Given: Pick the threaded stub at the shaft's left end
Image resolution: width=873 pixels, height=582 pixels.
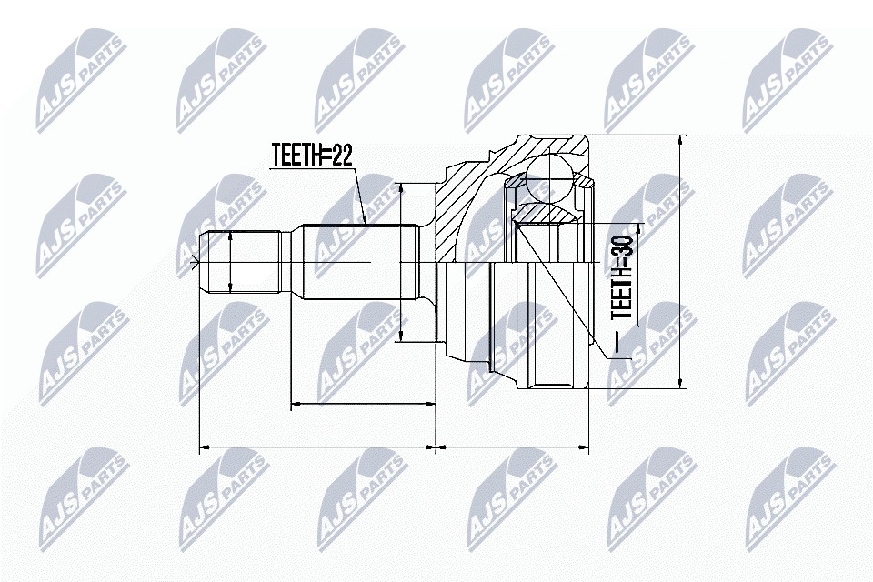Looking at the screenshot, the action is [x=240, y=262].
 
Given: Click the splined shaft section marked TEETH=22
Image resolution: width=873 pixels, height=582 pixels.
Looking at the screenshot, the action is [x=360, y=261].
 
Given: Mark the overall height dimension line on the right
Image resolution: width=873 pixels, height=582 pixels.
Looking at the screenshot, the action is [x=680, y=262].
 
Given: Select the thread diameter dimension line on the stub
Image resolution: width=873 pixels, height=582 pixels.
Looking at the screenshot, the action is [x=230, y=262].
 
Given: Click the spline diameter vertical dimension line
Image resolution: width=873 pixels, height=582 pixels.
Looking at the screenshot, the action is [x=400, y=262].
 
